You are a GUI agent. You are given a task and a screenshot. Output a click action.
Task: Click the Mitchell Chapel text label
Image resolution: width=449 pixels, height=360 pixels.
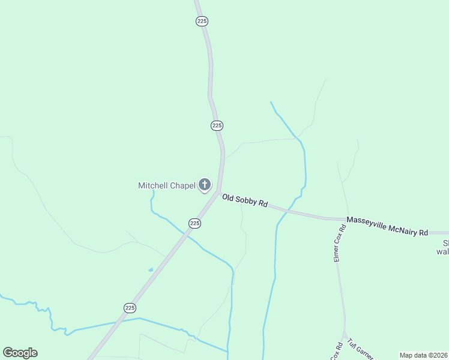tap(167, 185)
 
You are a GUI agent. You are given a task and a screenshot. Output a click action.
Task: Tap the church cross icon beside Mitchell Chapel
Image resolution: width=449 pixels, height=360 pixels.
tap(205, 185)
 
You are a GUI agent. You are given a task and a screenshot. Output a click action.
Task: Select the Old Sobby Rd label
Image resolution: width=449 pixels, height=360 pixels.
tap(244, 200)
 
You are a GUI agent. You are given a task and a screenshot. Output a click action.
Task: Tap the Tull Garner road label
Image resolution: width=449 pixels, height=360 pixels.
tap(361, 351)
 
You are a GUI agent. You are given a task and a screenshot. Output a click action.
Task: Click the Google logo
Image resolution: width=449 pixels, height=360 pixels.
tap(20, 353)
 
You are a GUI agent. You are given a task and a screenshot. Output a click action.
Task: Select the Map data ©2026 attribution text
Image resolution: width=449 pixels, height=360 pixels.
tap(423, 355)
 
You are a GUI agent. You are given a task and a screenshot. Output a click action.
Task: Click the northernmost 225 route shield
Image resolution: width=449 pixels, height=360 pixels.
tap(202, 21)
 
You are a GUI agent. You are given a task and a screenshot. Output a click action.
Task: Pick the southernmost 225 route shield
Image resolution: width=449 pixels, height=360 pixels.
tap(130, 307)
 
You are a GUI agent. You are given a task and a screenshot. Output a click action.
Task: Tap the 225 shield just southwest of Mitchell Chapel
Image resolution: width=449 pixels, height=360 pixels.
tap(194, 223)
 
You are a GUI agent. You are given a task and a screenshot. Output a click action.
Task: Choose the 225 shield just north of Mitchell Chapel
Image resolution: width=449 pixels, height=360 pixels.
tap(217, 125)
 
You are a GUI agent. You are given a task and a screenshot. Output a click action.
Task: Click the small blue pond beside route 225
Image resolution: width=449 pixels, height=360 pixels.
tap(150, 270)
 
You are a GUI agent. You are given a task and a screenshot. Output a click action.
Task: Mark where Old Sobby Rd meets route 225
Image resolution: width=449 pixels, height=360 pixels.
tap(218, 192)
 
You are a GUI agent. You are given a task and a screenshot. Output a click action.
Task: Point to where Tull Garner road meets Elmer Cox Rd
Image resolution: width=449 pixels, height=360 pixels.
tap(345, 333)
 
